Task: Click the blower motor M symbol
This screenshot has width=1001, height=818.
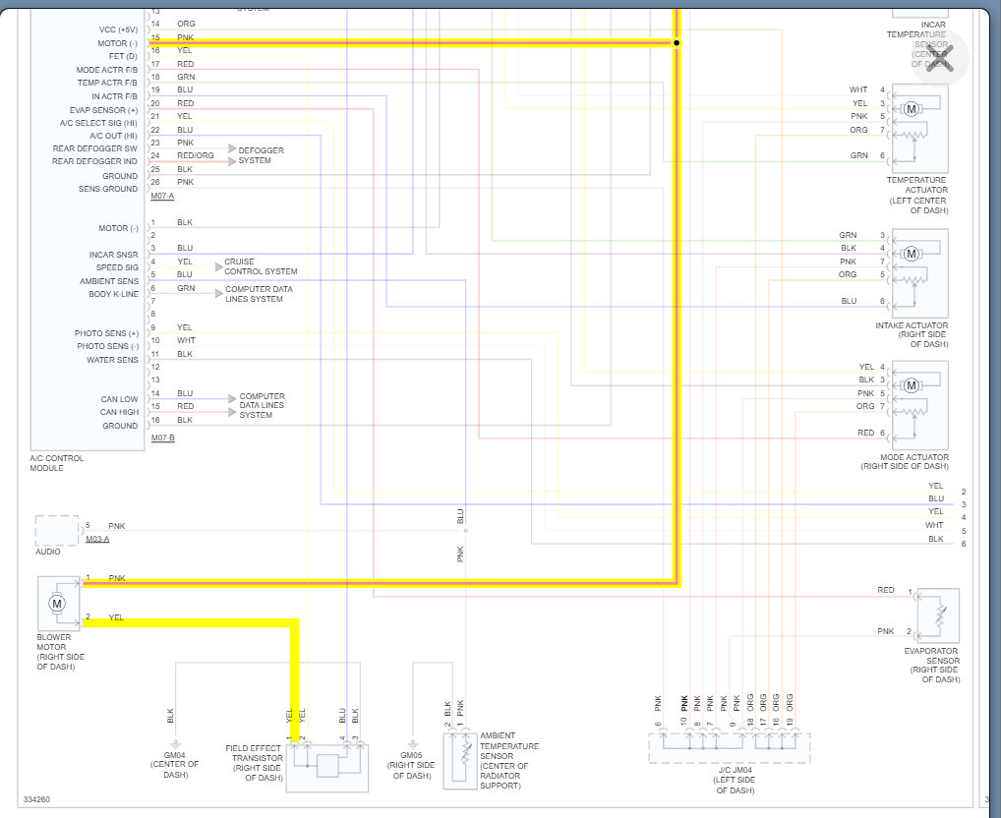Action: (x=56, y=602)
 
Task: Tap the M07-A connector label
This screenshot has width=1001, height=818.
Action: (x=162, y=197)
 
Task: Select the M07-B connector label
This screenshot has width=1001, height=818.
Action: (x=162, y=438)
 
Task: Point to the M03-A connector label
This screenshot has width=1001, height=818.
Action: (x=97, y=540)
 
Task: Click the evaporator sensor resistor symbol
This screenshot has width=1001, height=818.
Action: (x=940, y=615)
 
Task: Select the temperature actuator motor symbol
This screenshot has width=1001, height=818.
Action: (x=911, y=108)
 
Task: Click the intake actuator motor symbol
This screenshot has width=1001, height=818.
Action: (x=911, y=254)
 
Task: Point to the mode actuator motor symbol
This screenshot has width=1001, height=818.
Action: (x=911, y=384)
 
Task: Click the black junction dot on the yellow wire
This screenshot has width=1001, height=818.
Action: (x=677, y=43)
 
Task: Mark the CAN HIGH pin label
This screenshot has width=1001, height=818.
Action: (x=120, y=412)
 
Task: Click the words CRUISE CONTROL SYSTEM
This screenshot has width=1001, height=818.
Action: (x=261, y=266)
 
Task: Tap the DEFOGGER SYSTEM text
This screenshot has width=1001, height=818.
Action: (x=261, y=155)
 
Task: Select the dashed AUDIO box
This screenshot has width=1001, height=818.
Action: (x=57, y=530)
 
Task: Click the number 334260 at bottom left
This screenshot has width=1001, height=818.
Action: (x=36, y=799)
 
